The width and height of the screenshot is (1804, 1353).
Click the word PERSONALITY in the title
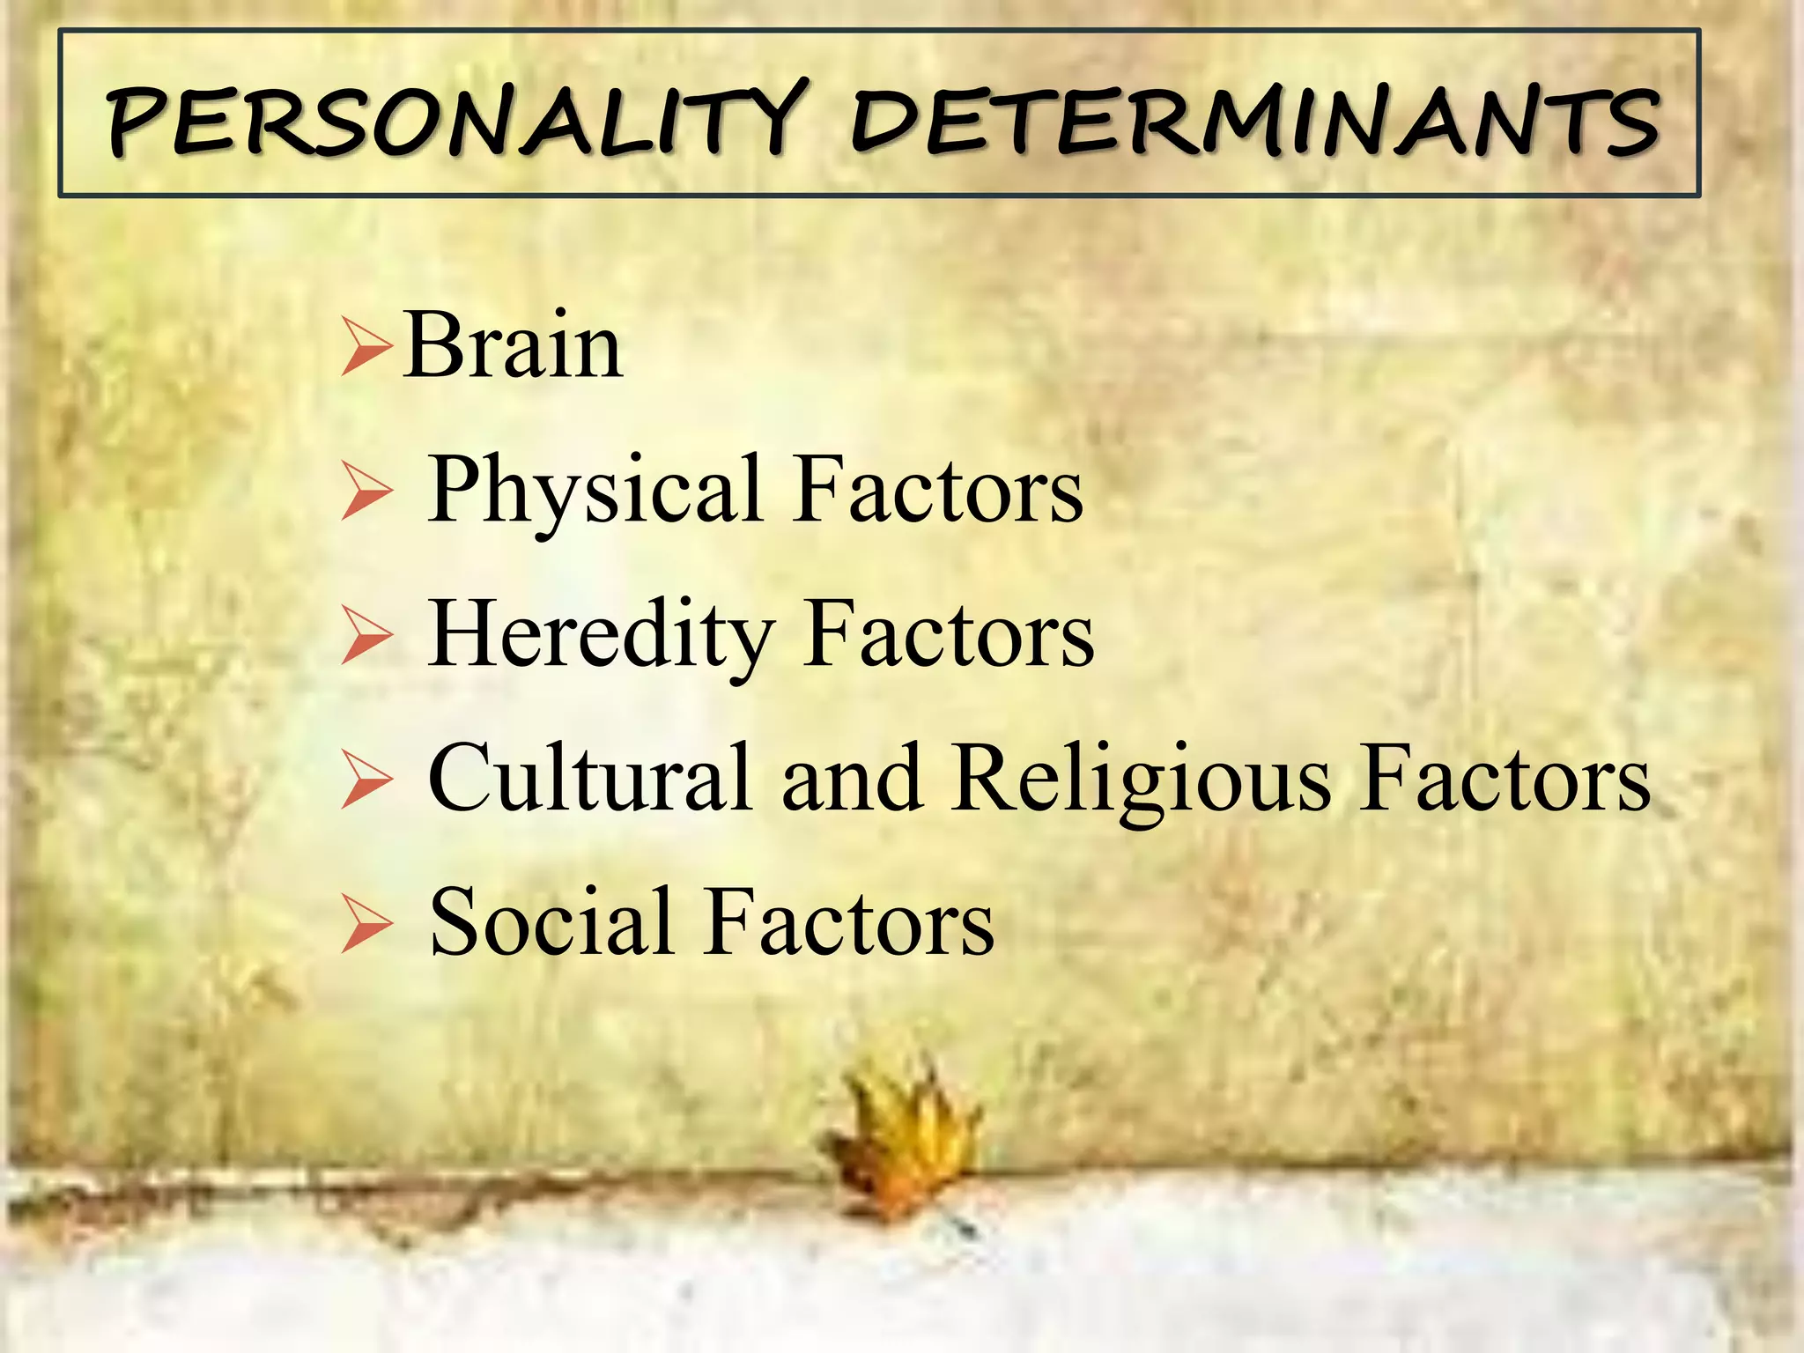[x=455, y=118]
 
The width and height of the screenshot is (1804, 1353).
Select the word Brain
[x=514, y=346]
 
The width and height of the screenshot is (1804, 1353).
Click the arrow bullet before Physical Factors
[x=366, y=495]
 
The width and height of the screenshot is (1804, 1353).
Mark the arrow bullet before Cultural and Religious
[x=366, y=783]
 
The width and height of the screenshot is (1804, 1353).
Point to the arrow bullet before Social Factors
[x=366, y=927]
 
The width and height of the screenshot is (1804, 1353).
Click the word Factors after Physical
[x=938, y=490]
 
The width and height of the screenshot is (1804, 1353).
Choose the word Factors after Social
[x=849, y=922]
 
